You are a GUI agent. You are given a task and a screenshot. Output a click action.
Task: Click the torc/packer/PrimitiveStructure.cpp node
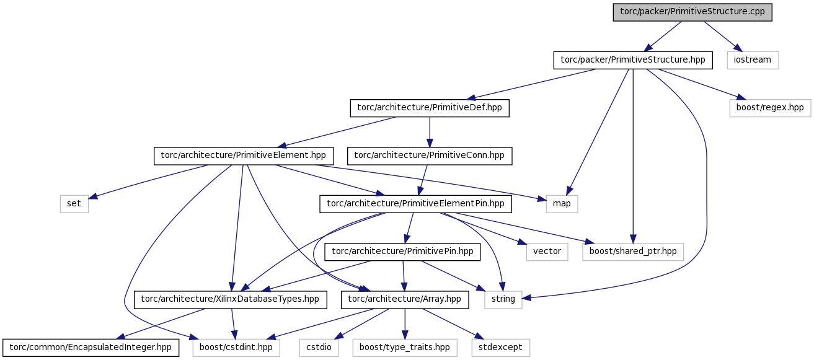coord(692,12)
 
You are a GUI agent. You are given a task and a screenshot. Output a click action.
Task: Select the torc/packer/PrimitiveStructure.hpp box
coord(633,60)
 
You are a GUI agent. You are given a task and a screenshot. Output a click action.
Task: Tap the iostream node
coord(753,60)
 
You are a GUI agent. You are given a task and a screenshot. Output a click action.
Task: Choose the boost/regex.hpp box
coord(770,108)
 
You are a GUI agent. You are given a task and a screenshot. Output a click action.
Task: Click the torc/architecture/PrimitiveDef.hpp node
coord(430,108)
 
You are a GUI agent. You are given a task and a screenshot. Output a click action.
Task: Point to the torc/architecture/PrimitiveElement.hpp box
coord(244,156)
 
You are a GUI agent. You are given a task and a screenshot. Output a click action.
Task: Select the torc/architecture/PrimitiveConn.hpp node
coord(430,156)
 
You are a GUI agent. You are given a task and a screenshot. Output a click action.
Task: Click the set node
coord(74,204)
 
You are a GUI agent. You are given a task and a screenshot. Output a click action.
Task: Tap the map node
coord(562,204)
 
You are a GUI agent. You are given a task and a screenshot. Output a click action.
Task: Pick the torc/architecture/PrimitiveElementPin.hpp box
coord(416,204)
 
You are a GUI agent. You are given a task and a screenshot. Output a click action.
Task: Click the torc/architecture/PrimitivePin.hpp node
coord(402,252)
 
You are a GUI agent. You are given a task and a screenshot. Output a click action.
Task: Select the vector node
coord(547,252)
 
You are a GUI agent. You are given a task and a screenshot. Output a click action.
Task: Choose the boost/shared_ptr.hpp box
coord(633,252)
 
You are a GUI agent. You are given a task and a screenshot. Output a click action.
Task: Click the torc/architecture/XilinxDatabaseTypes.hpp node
coord(231,300)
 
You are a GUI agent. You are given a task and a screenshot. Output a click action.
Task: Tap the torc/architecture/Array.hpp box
coord(405,300)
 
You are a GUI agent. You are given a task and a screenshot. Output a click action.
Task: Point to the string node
coord(503,300)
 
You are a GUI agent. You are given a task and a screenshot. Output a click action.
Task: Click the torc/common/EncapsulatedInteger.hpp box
coord(91,348)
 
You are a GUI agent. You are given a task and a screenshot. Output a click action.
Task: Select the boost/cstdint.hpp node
coord(236,348)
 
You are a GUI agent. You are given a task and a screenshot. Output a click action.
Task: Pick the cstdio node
coord(319,348)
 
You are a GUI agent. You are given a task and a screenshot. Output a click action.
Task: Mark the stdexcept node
coord(501,348)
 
